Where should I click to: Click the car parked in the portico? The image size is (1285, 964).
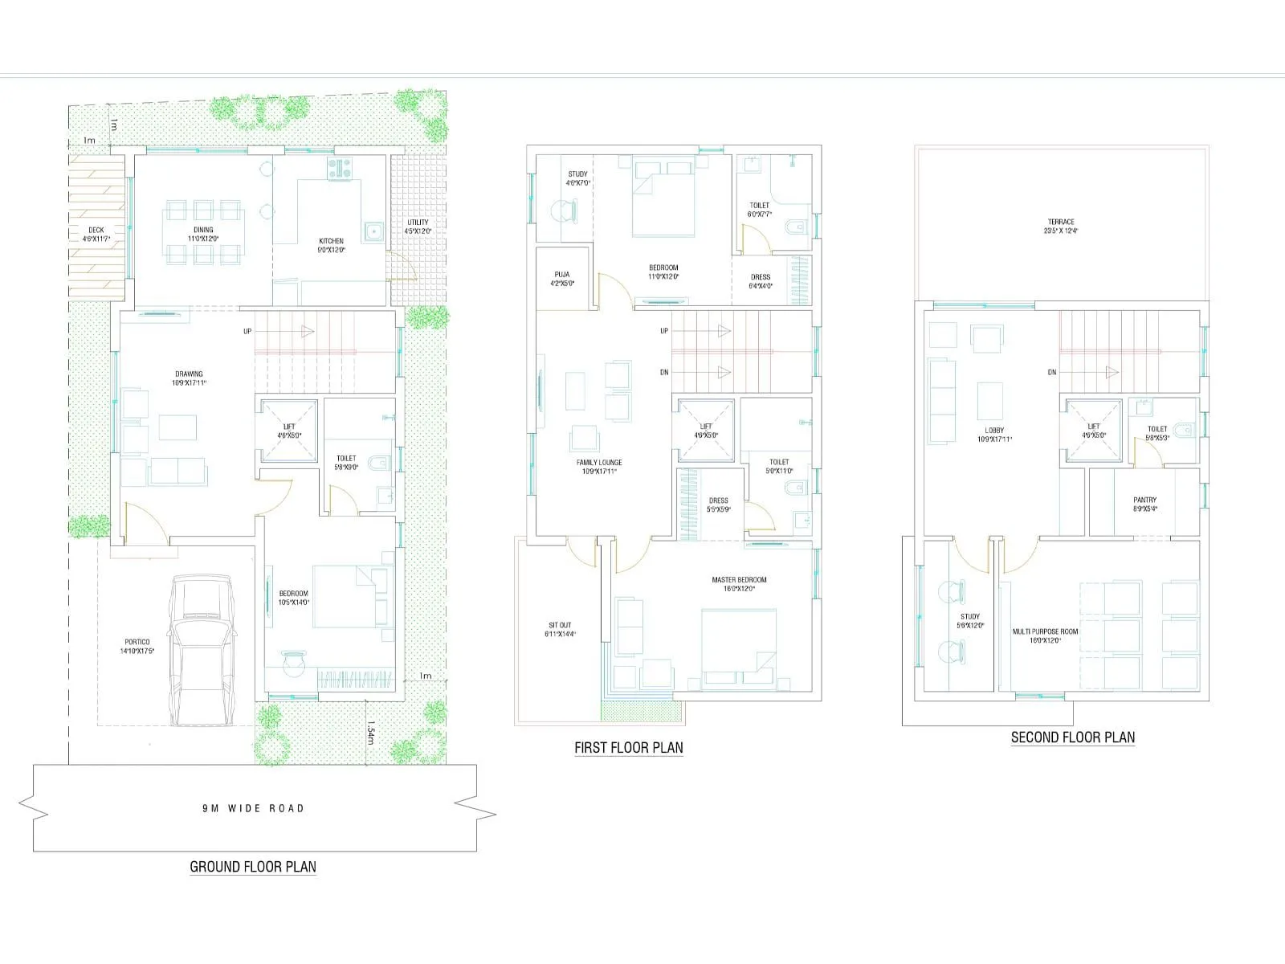pyautogui.click(x=202, y=651)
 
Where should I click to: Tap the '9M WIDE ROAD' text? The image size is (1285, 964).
pyautogui.click(x=253, y=808)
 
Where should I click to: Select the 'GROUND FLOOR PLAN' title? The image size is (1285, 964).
pyautogui.click(x=253, y=867)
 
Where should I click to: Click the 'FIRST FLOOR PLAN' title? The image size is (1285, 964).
pyautogui.click(x=628, y=748)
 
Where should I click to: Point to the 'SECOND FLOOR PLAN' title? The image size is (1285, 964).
pyautogui.click(x=1072, y=737)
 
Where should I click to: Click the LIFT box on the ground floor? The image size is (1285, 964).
pyautogui.click(x=288, y=431)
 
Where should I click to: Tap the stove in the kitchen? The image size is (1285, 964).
pyautogui.click(x=339, y=168)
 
